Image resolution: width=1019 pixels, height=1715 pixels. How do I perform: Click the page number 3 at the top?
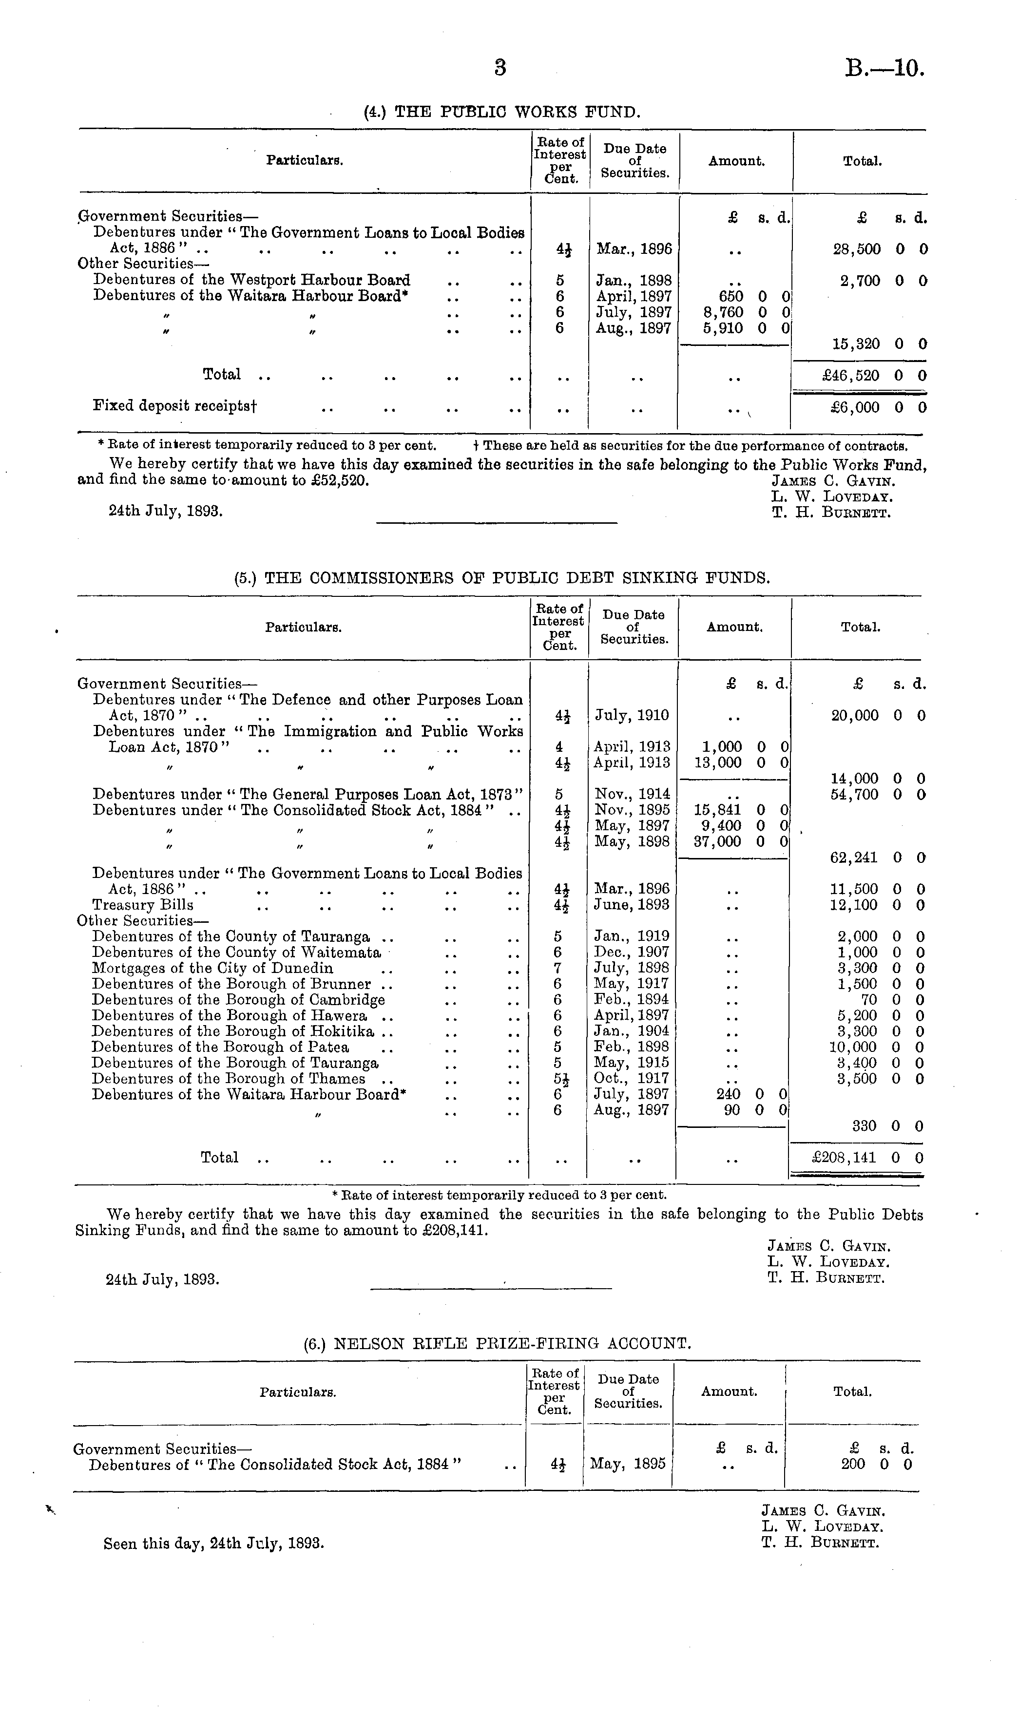coord(500,67)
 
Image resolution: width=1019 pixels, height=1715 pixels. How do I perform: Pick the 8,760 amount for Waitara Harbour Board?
coord(723,312)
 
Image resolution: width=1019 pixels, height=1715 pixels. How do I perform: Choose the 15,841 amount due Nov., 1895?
coord(718,810)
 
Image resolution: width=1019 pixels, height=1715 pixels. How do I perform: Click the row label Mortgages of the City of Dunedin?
coord(213,968)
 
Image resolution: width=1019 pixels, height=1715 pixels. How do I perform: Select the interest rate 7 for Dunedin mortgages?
coord(558,968)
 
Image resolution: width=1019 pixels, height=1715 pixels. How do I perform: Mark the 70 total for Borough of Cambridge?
coord(868,999)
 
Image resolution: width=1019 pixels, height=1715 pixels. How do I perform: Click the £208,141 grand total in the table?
coord(844,1158)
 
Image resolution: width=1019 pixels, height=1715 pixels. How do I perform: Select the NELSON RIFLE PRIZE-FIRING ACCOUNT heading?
coord(497,1343)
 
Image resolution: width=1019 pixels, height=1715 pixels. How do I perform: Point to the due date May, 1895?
coord(628,1464)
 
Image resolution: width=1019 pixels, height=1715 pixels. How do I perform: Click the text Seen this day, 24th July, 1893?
coord(213,1543)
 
